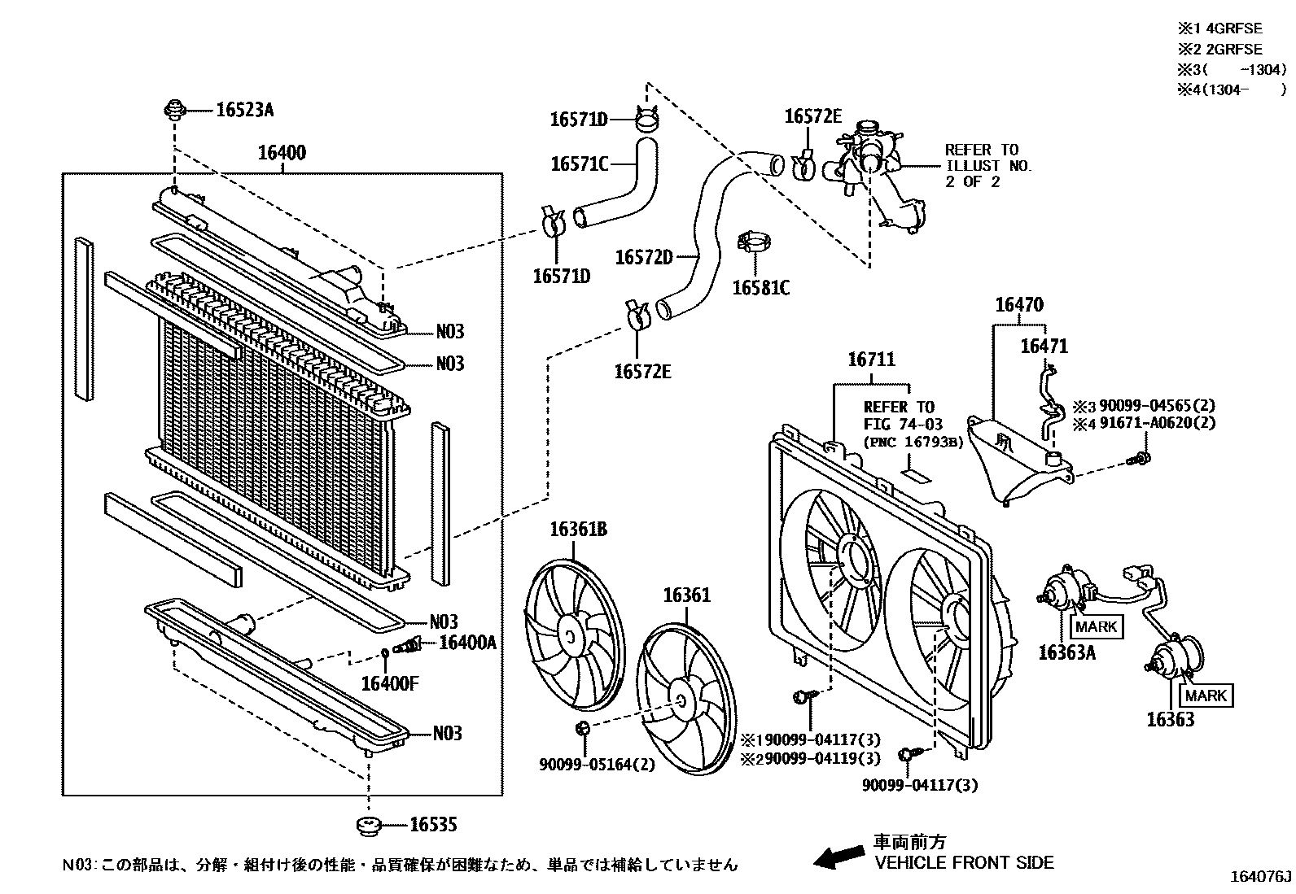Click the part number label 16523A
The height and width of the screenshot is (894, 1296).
244,109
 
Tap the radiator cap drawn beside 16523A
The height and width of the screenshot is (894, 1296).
173,108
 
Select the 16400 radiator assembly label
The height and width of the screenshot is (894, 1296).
282,152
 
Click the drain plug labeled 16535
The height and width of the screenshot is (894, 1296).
370,826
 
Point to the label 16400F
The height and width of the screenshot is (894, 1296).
389,682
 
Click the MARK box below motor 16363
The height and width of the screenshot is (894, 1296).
1206,696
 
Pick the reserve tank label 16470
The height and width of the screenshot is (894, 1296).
1019,305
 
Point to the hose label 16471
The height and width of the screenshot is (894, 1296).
1044,347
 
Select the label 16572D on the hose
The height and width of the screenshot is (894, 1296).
643,257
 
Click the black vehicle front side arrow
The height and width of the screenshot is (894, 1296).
839,855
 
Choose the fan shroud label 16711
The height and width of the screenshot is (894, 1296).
871,360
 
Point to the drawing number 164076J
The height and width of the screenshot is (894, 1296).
1260,877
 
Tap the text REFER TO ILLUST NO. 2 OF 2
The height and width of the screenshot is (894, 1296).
987,165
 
